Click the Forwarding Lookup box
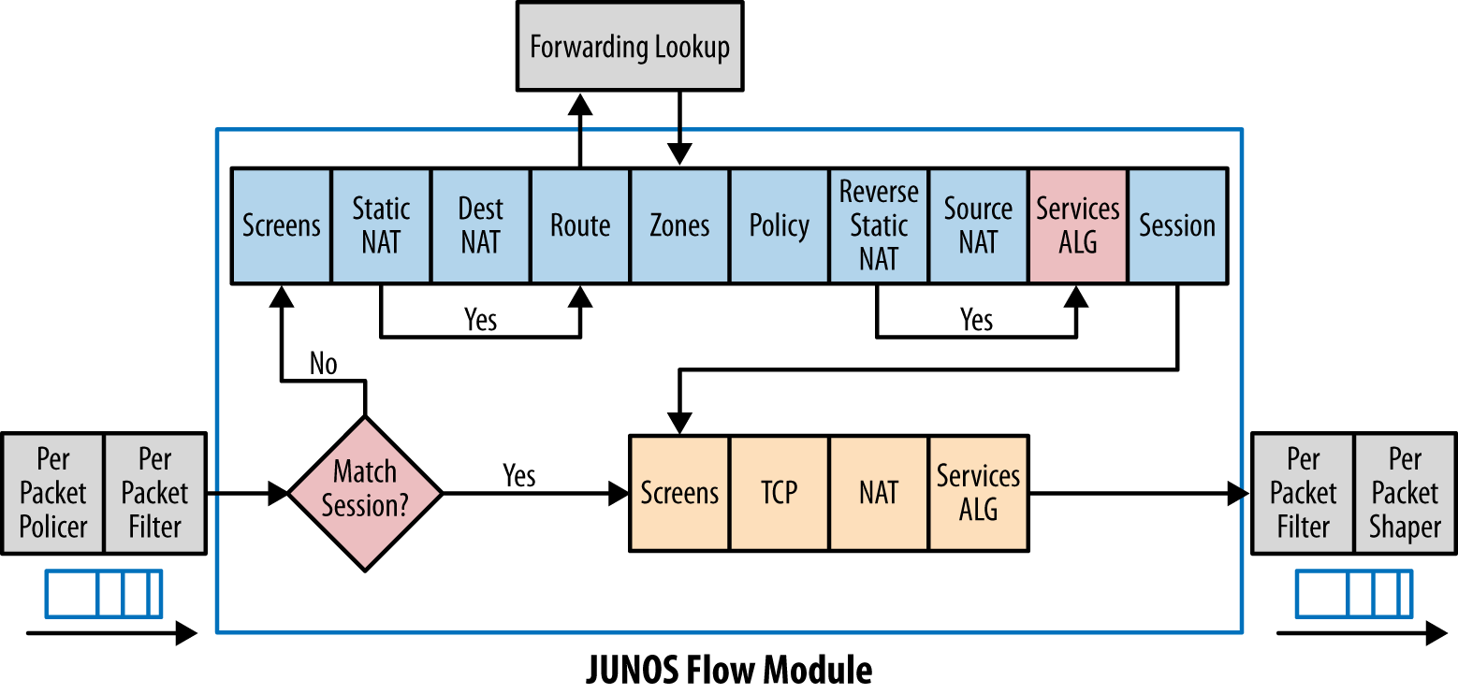pos(629,48)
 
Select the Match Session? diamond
pos(365,492)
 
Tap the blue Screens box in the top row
pos(281,225)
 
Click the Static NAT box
pos(381,225)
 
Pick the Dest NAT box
pos(480,225)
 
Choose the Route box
pos(580,225)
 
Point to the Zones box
pos(679,225)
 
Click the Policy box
pos(779,225)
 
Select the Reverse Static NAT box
pos(879,225)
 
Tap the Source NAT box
pos(978,225)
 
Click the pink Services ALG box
pos(1077,225)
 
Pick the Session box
pos(1177,225)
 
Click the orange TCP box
pos(779,493)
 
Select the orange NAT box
pos(879,493)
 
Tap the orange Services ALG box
pos(978,493)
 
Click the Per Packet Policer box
pos(53,493)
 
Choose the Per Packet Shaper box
pos(1405,493)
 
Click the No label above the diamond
pos(323,364)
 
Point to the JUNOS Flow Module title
pos(729,670)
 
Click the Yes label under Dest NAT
pos(480,320)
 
